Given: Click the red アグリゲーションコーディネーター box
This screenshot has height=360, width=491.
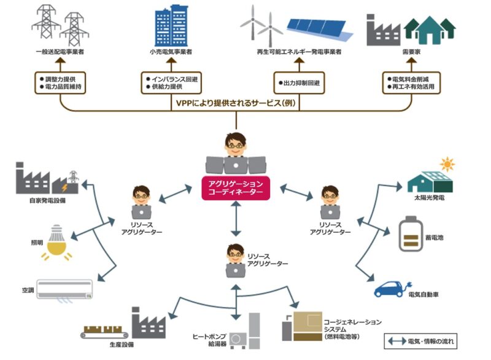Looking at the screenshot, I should click(236, 187).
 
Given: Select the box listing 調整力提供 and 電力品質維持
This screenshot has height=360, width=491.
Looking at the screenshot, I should click(60, 83).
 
